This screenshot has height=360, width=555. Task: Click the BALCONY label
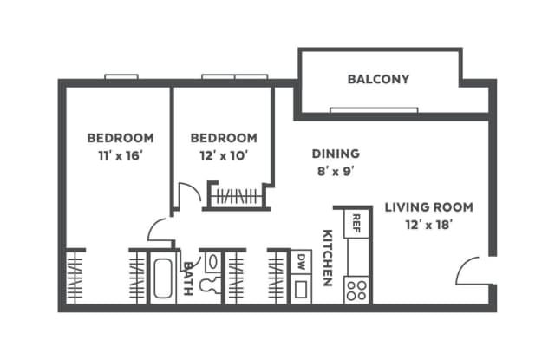[378, 79]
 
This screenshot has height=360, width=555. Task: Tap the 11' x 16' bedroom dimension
[121, 155]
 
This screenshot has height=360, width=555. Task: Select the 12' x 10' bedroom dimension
[224, 155]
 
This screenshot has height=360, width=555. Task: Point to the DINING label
[336, 154]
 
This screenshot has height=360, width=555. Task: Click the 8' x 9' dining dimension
[336, 172]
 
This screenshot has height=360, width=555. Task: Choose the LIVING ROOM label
[428, 207]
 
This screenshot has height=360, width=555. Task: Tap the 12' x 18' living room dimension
[428, 225]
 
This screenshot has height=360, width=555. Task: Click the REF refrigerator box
[356, 224]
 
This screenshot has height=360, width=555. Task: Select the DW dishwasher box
[301, 262]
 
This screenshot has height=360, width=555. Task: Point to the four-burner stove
[356, 291]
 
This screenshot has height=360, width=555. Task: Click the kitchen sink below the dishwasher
[301, 289]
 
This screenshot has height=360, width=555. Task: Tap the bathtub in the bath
[163, 278]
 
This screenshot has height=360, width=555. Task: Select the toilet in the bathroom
[210, 285]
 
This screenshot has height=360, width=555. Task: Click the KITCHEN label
[328, 258]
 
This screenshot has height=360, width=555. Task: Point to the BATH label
[188, 278]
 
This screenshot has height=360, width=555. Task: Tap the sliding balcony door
[374, 110]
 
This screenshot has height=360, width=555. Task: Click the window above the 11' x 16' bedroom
[121, 77]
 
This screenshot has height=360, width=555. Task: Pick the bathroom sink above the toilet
[213, 262]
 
